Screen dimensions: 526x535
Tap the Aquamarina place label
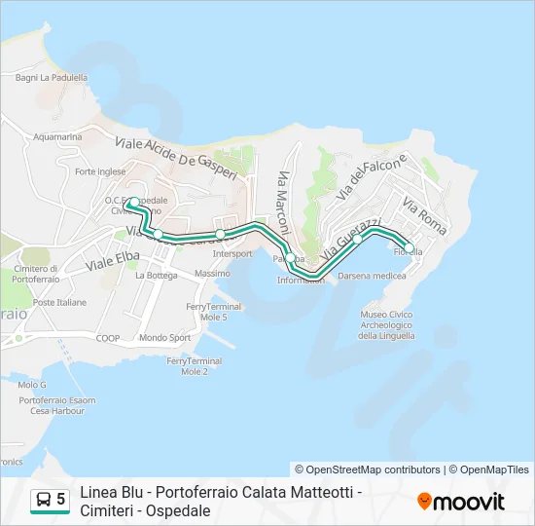[57, 137]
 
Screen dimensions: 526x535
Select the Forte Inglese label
[100, 171]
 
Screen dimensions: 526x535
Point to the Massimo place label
[212, 274]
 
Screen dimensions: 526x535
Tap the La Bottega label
[157, 276]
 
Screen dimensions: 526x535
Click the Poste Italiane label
[59, 303]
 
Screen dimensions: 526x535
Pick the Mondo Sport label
[165, 338]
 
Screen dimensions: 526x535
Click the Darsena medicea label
[372, 276]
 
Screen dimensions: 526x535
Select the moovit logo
[461, 501]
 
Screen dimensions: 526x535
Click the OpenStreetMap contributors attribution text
[368, 470]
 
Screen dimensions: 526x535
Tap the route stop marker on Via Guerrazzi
[357, 239]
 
